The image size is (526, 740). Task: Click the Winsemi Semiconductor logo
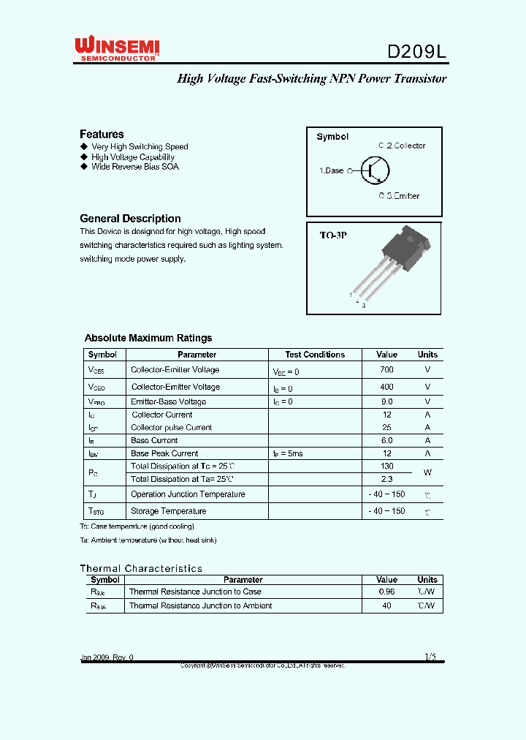[x=117, y=50]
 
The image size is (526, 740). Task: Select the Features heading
[x=102, y=134]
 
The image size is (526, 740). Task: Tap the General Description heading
[x=130, y=218]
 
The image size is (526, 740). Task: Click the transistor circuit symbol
[x=375, y=170]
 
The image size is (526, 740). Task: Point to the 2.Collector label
[x=403, y=146]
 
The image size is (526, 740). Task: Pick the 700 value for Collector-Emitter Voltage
[x=386, y=370]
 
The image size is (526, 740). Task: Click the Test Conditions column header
[x=315, y=355]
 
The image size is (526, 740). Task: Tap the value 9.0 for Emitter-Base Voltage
[x=386, y=401]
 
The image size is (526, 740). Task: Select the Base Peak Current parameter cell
[x=164, y=453]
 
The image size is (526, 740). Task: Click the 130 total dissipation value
[x=386, y=466]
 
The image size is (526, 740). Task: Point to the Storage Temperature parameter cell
[x=168, y=511]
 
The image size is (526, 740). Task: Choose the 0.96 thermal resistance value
[x=386, y=592]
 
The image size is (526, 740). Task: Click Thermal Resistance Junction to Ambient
[x=200, y=605]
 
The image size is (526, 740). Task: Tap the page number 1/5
[x=430, y=657]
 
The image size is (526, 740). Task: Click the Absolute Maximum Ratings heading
[x=148, y=338]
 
